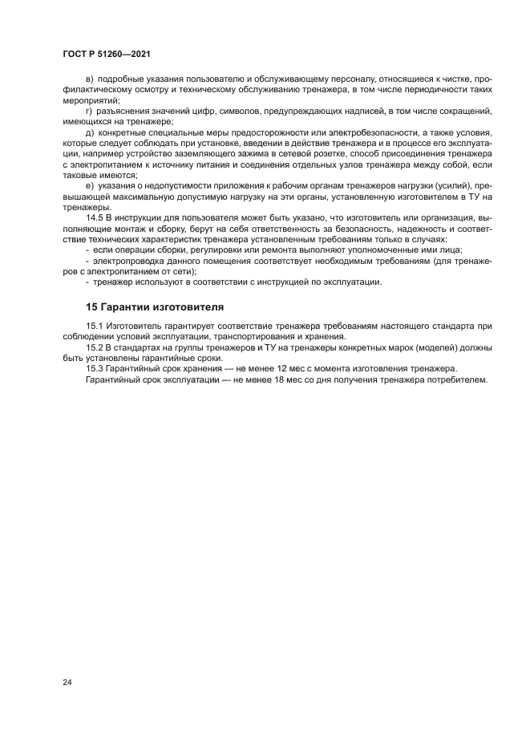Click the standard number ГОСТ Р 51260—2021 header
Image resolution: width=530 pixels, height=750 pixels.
pos(107,54)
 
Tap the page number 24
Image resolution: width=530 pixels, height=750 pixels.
pos(67,683)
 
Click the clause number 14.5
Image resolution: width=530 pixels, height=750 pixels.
pos(95,218)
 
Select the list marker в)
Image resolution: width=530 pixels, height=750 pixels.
pos(89,79)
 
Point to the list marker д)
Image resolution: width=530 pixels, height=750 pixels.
pos(89,132)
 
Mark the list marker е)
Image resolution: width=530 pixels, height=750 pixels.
pos(89,185)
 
